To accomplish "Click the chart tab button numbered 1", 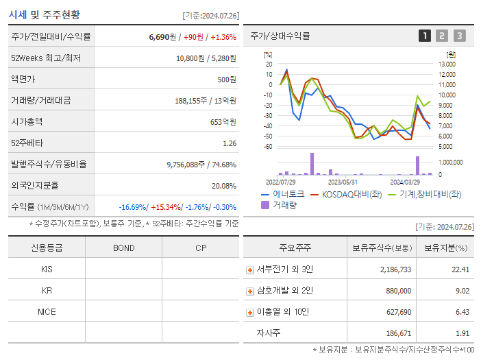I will coord(425,36).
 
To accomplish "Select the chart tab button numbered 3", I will coord(459,36).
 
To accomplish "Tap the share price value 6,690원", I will coord(162,36).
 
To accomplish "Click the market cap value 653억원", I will coord(221,121).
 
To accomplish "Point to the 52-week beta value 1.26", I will coord(230,143).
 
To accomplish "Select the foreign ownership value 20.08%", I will coord(223,185).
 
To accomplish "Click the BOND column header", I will coord(123,248).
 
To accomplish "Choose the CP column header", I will coord(201,248).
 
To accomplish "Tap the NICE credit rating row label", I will coord(47,311).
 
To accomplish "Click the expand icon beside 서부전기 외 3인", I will coord(249,270).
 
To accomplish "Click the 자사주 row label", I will coord(269,333).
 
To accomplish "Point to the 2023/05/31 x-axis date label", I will coord(343,182).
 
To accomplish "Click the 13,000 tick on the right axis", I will coord(446,64).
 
